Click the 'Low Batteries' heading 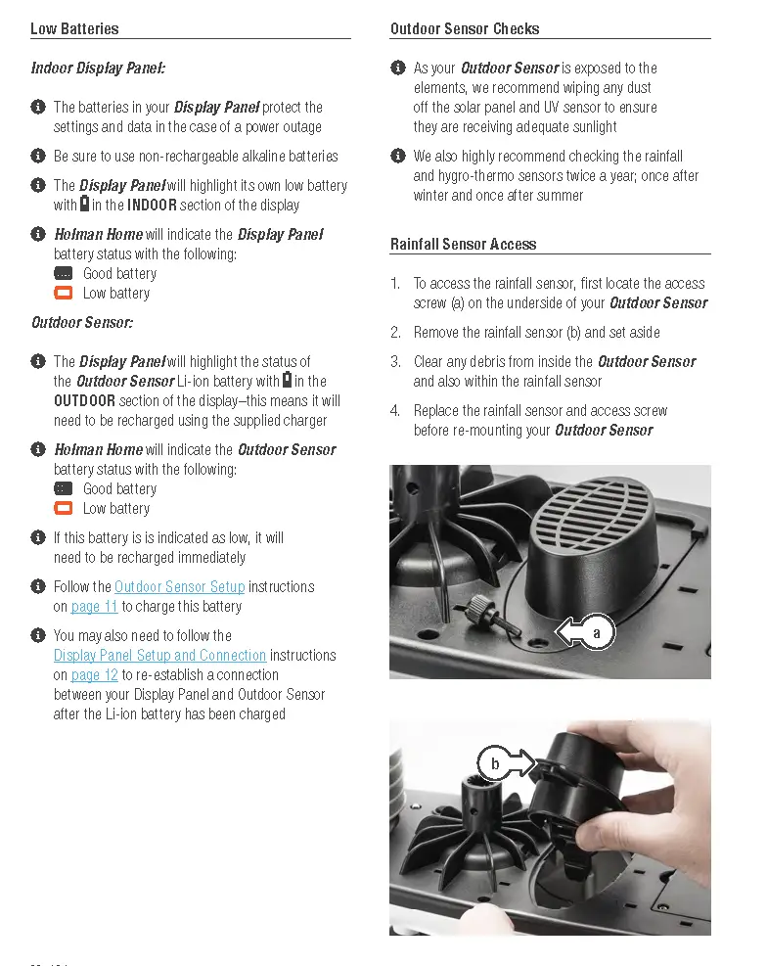[x=74, y=28]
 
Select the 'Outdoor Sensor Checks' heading [x=465, y=28]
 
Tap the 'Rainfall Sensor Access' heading [x=463, y=244]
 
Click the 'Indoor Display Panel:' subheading [x=98, y=68]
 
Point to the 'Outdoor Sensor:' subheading [x=81, y=322]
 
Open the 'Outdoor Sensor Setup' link [x=179, y=586]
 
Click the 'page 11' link [x=94, y=606]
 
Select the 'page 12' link [x=94, y=674]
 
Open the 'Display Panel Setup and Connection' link [x=159, y=655]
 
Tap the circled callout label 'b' [x=495, y=763]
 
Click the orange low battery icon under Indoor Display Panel [x=64, y=293]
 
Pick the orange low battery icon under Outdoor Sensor [x=64, y=508]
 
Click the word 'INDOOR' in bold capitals [x=152, y=205]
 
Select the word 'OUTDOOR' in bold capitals [x=84, y=400]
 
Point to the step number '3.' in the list [x=395, y=361]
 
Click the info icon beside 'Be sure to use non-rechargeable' [x=38, y=156]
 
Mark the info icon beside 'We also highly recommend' [x=398, y=156]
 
